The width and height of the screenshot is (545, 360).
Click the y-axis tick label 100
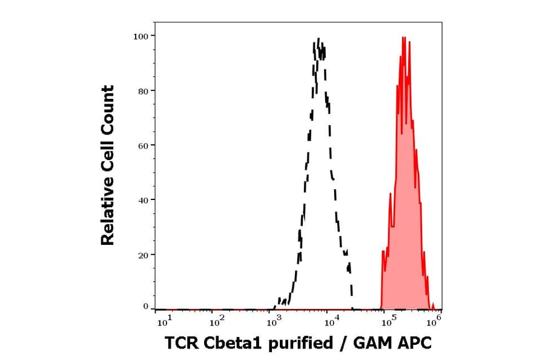pyautogui.click(x=141, y=36)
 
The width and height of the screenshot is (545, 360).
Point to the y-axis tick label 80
pyautogui.click(x=143, y=91)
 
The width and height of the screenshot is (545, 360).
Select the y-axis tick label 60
pyautogui.click(x=143, y=145)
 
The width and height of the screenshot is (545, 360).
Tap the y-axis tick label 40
pyautogui.click(x=143, y=200)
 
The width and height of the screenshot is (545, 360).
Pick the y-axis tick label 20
pyautogui.click(x=143, y=255)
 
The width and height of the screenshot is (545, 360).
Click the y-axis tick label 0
pyautogui.click(x=146, y=307)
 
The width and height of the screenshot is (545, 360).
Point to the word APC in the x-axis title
pyautogui.click(x=415, y=344)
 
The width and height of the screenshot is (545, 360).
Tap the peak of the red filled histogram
pyautogui.click(x=404, y=37)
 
